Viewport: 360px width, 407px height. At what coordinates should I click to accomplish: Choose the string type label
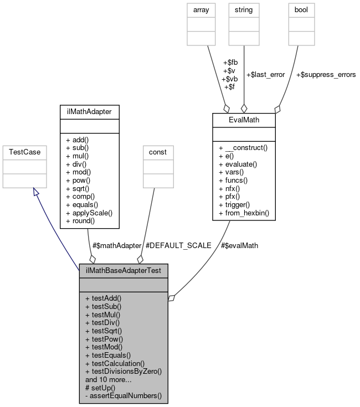pos(244,10)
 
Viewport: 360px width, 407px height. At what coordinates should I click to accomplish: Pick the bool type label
pos(299,10)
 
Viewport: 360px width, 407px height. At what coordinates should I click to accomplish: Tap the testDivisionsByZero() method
pos(123,372)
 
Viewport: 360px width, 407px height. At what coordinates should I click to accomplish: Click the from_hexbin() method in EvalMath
pos(244,213)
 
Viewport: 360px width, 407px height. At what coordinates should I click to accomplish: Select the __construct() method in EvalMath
pos(244,148)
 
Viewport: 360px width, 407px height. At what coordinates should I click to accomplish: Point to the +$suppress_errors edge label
pos(326,74)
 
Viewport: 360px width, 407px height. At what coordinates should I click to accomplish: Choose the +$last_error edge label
pos(265,74)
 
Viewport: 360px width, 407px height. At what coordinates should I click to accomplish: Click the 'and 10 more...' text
pos(109,380)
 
